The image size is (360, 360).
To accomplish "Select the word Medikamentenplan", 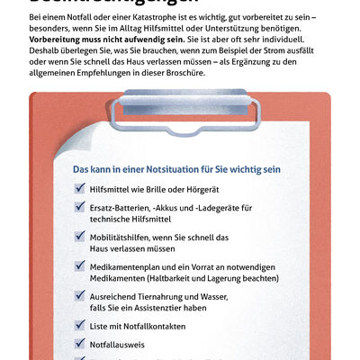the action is tap(131, 266).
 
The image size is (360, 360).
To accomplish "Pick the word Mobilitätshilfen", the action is tap(127, 237).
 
